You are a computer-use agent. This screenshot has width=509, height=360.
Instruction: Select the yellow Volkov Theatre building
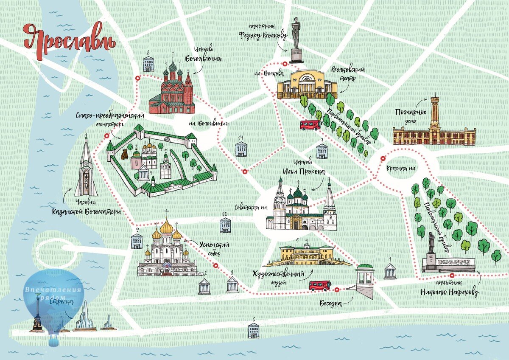pyautogui.click(x=307, y=84)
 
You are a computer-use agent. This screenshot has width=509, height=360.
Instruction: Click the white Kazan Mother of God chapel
pyautogui.click(x=87, y=168)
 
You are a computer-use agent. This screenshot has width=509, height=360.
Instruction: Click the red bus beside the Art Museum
pyautogui.click(x=320, y=285)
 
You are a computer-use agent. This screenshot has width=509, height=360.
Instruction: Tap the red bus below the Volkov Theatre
pyautogui.click(x=310, y=125)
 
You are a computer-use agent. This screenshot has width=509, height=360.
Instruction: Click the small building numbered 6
pyautogui.click(x=254, y=330)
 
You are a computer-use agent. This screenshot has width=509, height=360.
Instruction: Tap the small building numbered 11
pyautogui.click(x=241, y=149)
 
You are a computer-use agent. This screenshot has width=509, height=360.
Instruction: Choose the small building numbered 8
pyautogui.click(x=148, y=64)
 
